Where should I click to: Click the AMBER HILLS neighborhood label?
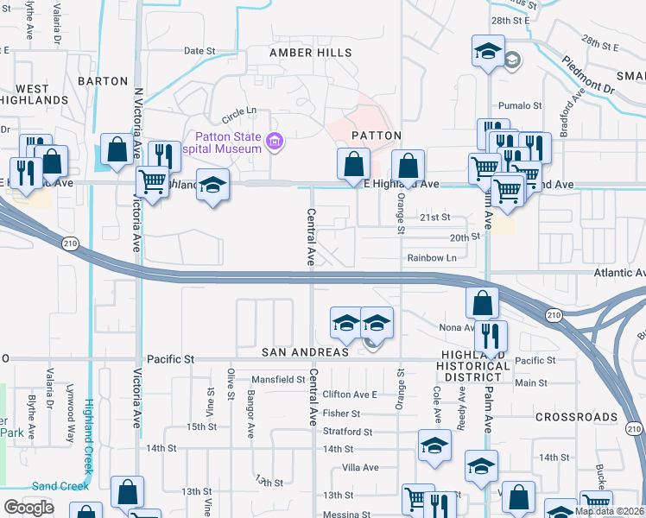pyautogui.click(x=311, y=53)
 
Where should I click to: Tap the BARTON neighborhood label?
pyautogui.click(x=103, y=80)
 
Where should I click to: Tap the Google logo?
pyautogui.click(x=29, y=508)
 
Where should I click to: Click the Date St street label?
pyautogui.click(x=199, y=51)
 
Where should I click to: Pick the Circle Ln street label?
pyautogui.click(x=239, y=111)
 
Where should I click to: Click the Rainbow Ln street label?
pyautogui.click(x=432, y=258)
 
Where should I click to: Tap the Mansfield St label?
pyautogui.click(x=278, y=379)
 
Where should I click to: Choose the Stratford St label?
pyautogui.click(x=346, y=432)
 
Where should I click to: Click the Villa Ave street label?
pyautogui.click(x=361, y=467)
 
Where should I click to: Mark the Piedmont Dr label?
pyautogui.click(x=587, y=75)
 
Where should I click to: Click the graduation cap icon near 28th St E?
pyautogui.click(x=488, y=50)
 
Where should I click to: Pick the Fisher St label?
pyautogui.click(x=341, y=414)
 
